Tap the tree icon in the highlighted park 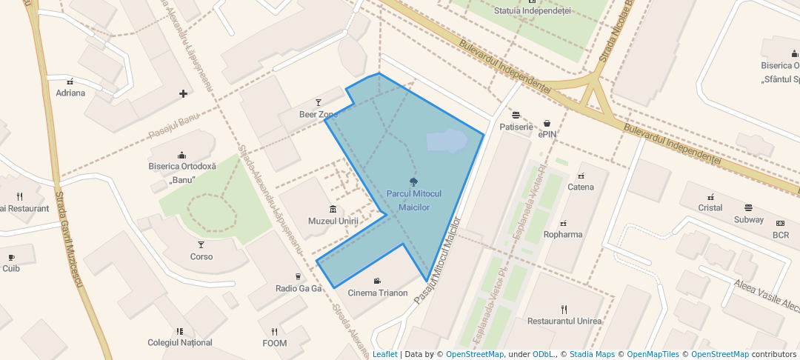pyautogui.click(x=413, y=181)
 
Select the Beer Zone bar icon pyautogui.click(x=319, y=102)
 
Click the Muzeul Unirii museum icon pyautogui.click(x=333, y=210)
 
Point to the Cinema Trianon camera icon pyautogui.click(x=378, y=281)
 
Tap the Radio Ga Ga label pyautogui.click(x=299, y=288)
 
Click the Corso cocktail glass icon pyautogui.click(x=201, y=244)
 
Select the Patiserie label pyautogui.click(x=516, y=127)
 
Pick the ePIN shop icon pyautogui.click(x=547, y=124)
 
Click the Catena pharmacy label pyautogui.click(x=581, y=187)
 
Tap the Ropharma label pyautogui.click(x=563, y=234)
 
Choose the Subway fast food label pyautogui.click(x=749, y=219)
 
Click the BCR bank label pyautogui.click(x=781, y=235)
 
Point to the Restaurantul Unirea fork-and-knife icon pyautogui.click(x=564, y=309)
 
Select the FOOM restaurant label pyautogui.click(x=274, y=343)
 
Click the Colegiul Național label pyautogui.click(x=180, y=342)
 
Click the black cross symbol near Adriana pyautogui.click(x=183, y=93)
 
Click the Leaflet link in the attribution pyautogui.click(x=384, y=354)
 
